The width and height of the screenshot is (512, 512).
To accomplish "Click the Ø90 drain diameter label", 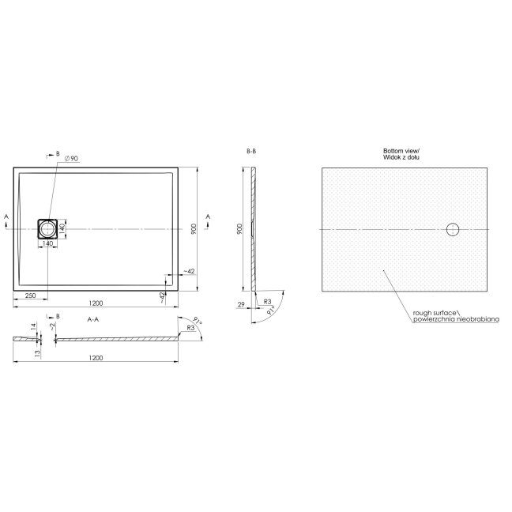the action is coord(72,158).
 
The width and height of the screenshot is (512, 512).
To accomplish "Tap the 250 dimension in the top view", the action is coord(30,296).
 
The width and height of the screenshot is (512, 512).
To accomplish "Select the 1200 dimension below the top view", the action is coord(96,303).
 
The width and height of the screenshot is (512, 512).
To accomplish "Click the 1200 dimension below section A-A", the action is coord(96,358).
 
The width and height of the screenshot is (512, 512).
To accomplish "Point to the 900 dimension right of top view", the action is coord(194,229).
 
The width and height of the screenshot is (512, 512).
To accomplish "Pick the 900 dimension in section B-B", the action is coord(239,229).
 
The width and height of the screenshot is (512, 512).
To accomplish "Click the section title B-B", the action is coord(251,151).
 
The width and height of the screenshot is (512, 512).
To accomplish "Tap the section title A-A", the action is coord(93,319).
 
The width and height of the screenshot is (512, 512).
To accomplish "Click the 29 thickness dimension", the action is coord(241,304).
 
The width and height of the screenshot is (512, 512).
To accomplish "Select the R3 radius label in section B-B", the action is coord(267,301).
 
